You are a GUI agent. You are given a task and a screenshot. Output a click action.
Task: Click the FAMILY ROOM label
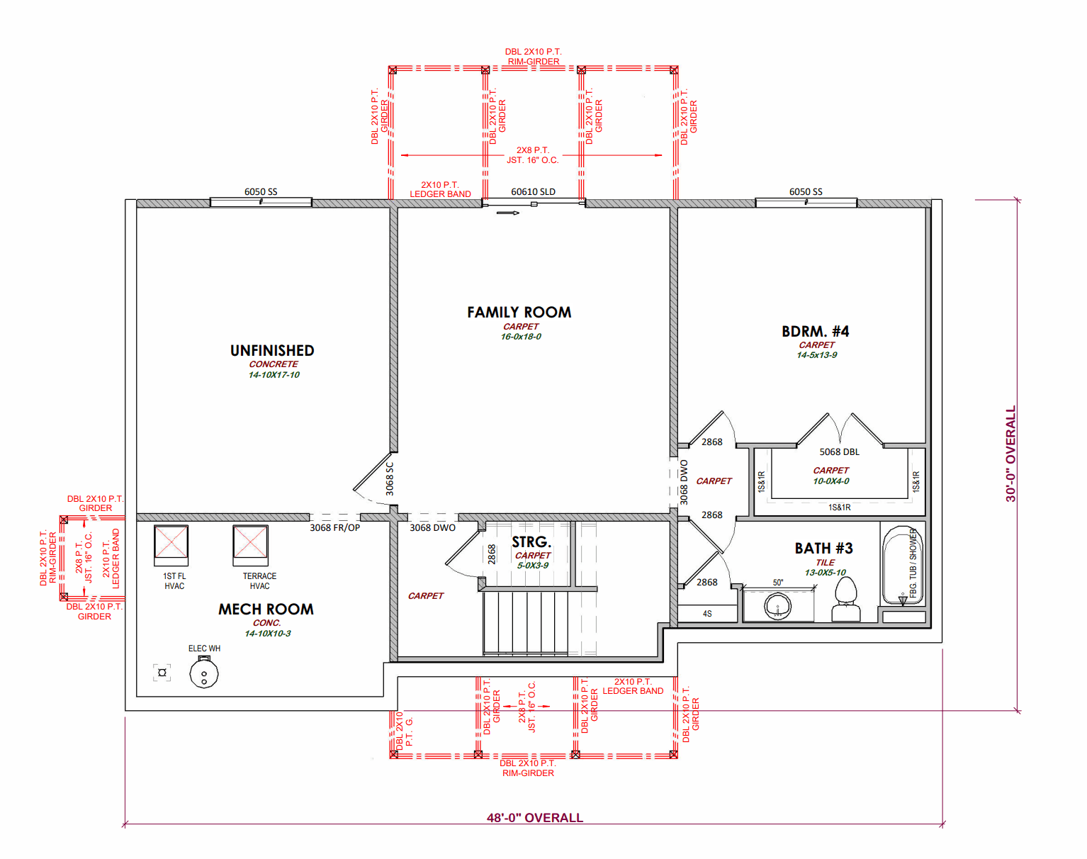(519, 313)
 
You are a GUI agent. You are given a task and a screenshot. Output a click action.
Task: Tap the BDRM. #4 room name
(815, 332)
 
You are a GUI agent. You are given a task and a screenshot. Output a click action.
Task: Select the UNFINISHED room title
(272, 351)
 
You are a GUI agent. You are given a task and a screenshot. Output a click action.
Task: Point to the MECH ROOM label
(266, 609)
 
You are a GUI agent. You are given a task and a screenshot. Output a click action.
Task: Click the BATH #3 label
(823, 549)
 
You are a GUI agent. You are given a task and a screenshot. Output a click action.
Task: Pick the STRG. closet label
(531, 541)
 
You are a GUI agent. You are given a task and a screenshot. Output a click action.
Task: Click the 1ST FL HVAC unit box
(171, 545)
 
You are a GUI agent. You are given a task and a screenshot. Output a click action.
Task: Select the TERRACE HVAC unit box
(251, 545)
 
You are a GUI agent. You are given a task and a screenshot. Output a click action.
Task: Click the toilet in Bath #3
(846, 600)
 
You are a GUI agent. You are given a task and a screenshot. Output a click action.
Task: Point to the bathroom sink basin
(777, 606)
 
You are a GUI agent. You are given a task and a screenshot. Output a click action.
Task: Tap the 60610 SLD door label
(533, 191)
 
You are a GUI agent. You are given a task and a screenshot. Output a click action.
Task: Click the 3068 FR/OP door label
(335, 527)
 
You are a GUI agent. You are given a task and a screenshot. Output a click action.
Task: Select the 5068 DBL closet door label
(839, 451)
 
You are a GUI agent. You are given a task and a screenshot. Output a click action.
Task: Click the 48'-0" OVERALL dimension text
(535, 818)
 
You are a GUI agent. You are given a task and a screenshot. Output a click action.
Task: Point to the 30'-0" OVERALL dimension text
(1010, 454)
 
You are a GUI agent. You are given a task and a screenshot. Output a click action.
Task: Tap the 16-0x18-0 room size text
(521, 337)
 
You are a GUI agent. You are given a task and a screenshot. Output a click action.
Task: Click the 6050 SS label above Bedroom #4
(806, 191)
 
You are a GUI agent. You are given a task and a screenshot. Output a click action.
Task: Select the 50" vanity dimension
(778, 583)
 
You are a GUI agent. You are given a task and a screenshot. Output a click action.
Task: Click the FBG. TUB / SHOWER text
(913, 563)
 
